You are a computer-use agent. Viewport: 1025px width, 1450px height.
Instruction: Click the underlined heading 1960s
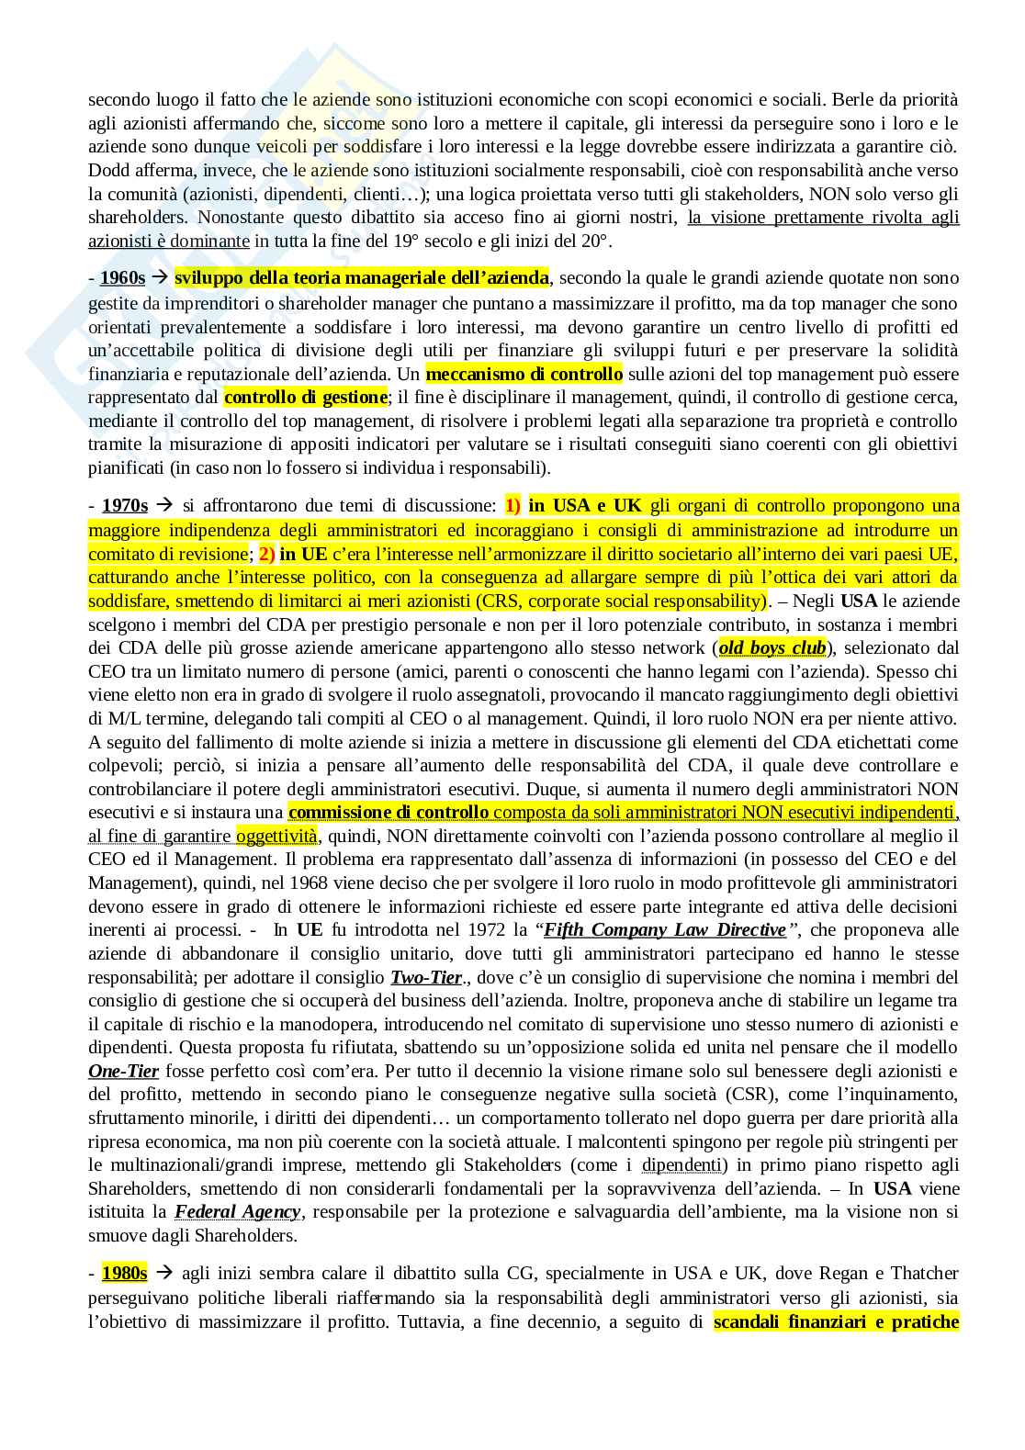coord(123,278)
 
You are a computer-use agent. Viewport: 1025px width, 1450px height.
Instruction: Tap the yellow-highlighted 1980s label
coord(125,1274)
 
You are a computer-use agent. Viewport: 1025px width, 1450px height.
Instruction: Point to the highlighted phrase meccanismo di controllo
coord(524,374)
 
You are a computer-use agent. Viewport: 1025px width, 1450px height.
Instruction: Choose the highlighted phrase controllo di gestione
coord(305,398)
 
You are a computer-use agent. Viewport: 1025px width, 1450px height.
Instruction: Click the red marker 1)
coord(512,506)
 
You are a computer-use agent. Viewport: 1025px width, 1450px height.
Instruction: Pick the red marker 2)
coord(266,554)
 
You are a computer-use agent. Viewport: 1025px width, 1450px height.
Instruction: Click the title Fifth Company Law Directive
coord(665,930)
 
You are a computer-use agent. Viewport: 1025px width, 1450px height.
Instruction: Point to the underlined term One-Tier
coord(123,1072)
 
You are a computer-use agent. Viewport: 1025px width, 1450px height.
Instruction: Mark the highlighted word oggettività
coord(276,836)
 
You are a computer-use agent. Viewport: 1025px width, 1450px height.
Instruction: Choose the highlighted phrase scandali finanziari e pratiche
coord(836,1322)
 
